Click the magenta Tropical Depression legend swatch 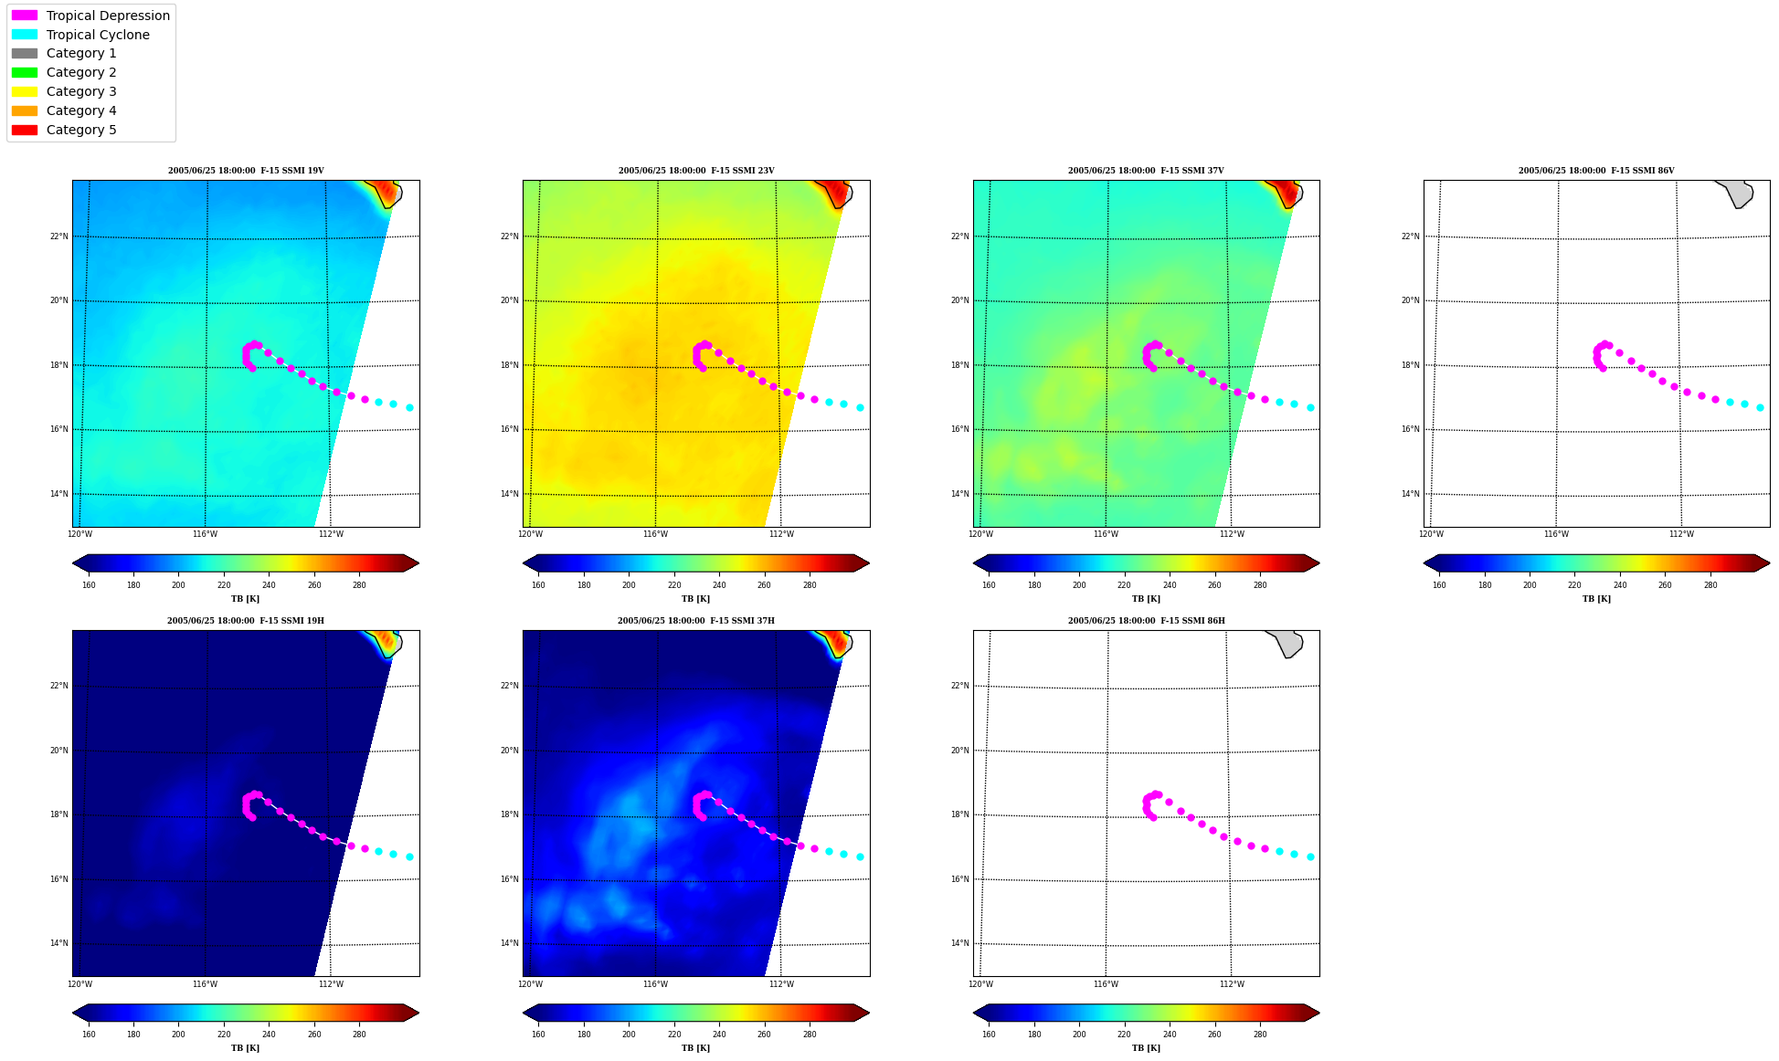(x=25, y=16)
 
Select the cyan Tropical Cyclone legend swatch (x=25, y=35)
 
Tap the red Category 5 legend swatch (x=25, y=130)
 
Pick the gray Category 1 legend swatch (x=25, y=54)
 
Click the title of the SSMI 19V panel (x=246, y=171)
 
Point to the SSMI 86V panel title (x=1596, y=171)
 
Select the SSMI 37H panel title (x=695, y=621)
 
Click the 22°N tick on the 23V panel (x=509, y=236)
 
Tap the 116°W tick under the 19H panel (x=205, y=984)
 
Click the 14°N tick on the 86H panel (x=959, y=943)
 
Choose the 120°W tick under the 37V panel (x=980, y=534)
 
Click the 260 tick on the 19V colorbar (x=314, y=585)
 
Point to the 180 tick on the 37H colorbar (x=584, y=1035)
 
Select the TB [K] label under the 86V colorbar (x=1596, y=599)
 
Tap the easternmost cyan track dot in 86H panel (x=1310, y=856)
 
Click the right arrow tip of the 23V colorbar (x=869, y=563)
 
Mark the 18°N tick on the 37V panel (x=959, y=365)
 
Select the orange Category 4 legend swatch (x=25, y=110)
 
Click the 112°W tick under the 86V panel (x=1681, y=534)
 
